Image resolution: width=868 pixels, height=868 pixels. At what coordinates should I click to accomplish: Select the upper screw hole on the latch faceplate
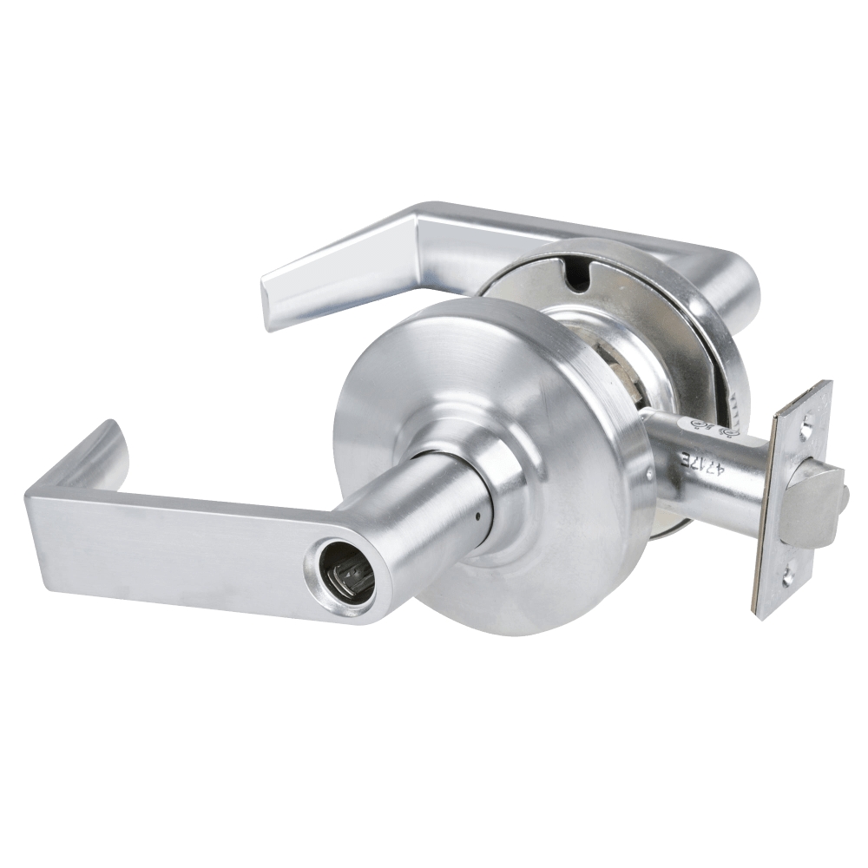(x=809, y=427)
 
